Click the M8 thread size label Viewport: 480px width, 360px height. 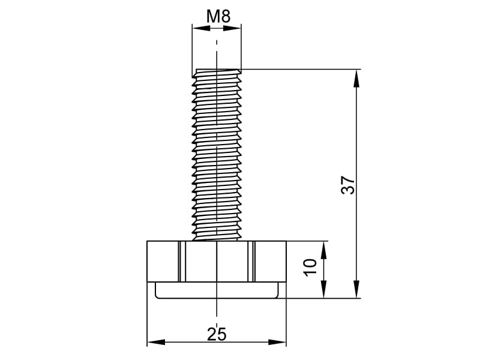point(218,16)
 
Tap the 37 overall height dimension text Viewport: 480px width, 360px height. point(348,185)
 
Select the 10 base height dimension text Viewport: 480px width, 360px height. point(310,267)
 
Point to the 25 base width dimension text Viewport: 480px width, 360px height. point(217,334)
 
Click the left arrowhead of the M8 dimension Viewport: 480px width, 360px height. point(201,28)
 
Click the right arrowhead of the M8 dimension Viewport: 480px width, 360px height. point(232,28)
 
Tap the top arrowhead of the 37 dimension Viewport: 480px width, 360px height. point(356,79)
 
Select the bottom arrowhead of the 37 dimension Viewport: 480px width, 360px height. point(356,289)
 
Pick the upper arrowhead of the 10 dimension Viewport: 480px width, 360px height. point(323,250)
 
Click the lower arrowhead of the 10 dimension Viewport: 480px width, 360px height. point(323,289)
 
